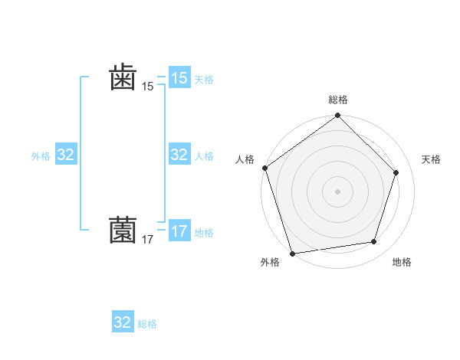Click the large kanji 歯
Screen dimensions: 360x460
[x=123, y=77]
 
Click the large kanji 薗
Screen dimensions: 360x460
[x=123, y=229]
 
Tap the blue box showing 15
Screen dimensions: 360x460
[x=179, y=78]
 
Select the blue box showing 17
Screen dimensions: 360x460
[x=179, y=231]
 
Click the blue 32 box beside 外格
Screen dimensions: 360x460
[x=66, y=155]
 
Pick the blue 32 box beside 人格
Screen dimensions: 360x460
[x=179, y=155]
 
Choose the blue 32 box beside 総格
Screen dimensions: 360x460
[x=123, y=322]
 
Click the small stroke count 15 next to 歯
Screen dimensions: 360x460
[x=147, y=87]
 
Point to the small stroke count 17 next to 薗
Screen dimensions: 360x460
[x=147, y=240]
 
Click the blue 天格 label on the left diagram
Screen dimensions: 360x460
[x=204, y=79]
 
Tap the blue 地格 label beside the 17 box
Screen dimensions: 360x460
[x=204, y=232]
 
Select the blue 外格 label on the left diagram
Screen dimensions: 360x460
[x=41, y=156]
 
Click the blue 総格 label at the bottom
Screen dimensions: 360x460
[x=147, y=324]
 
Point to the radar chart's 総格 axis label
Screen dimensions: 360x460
[x=337, y=100]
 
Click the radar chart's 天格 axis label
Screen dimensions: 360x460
[x=431, y=159]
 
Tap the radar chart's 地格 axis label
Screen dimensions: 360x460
[x=402, y=262]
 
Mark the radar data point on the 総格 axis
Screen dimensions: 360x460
[x=337, y=116]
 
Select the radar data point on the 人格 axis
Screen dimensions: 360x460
[x=265, y=168]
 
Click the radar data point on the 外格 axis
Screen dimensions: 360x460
[x=293, y=252]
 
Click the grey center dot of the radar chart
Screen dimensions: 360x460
[x=337, y=191]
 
